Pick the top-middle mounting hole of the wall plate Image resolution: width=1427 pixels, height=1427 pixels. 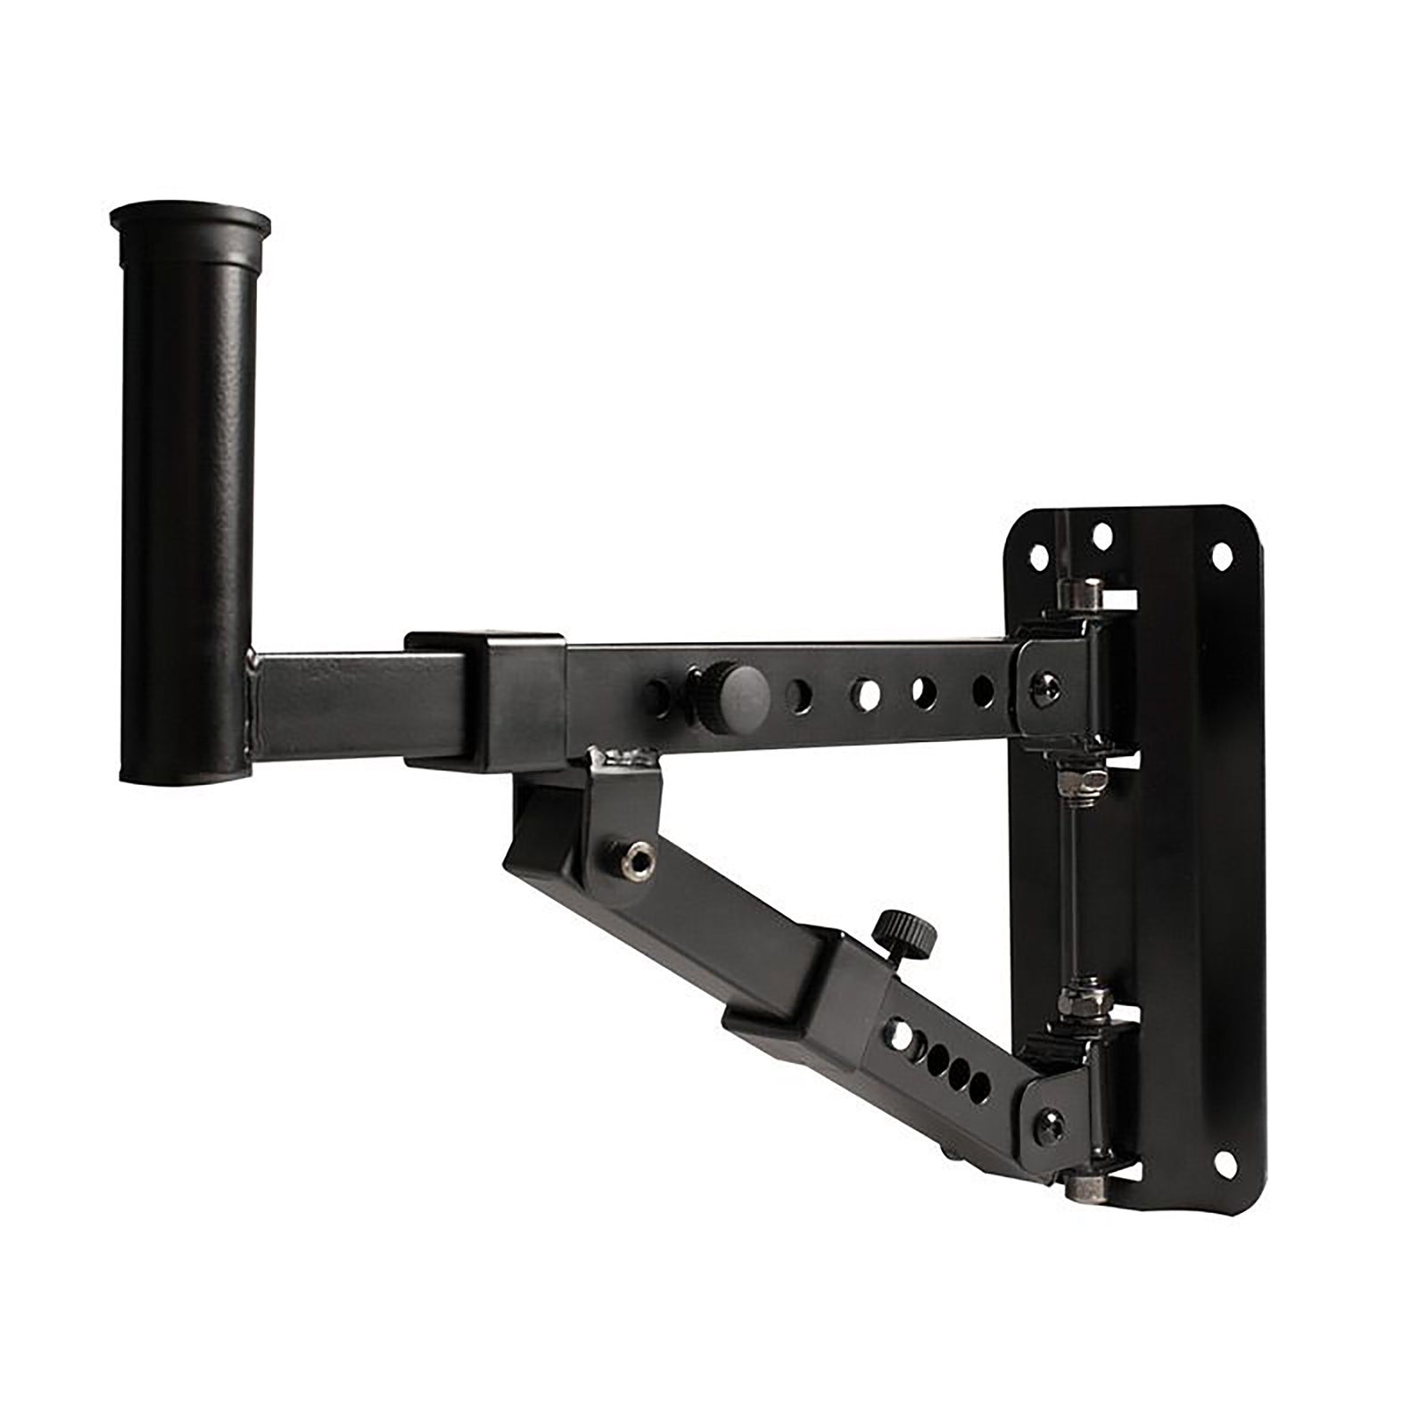coord(1102,537)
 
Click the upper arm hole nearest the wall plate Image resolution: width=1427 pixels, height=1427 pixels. coord(982,688)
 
